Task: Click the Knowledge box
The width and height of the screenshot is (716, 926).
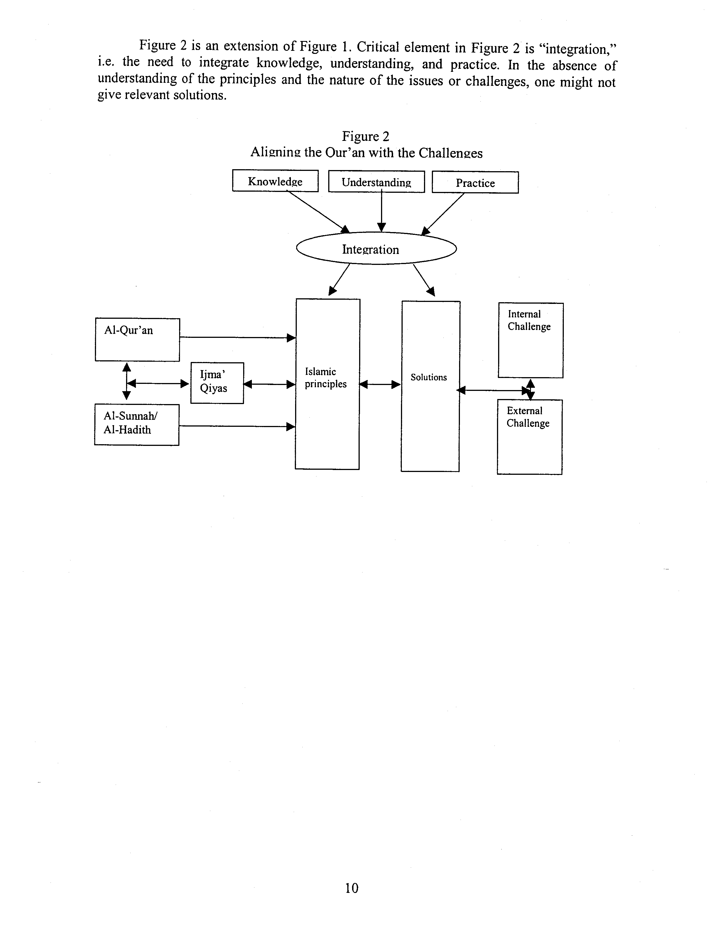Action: click(x=275, y=181)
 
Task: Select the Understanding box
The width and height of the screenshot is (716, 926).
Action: click(x=376, y=182)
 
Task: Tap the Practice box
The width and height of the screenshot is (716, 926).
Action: click(x=475, y=183)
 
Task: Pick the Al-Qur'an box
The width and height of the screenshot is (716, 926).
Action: click(x=137, y=340)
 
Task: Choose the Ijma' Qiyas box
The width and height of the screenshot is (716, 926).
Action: click(x=217, y=383)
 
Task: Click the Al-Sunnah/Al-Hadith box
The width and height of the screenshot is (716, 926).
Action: click(x=136, y=424)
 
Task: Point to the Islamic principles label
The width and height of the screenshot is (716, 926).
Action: click(x=325, y=378)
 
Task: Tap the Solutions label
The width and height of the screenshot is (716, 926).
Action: click(x=428, y=377)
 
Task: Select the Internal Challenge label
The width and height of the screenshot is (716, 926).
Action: click(x=529, y=320)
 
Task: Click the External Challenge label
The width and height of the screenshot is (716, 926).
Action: click(x=528, y=417)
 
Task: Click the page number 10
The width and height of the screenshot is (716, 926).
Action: click(x=352, y=888)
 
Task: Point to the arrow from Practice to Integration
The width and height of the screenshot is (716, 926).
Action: click(x=443, y=213)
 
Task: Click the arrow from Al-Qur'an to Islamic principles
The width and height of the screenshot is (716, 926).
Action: click(x=238, y=338)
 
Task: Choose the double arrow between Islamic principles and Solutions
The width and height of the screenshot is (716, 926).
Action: click(x=380, y=384)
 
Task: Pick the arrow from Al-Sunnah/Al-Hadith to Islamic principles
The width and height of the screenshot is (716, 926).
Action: click(x=237, y=426)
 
